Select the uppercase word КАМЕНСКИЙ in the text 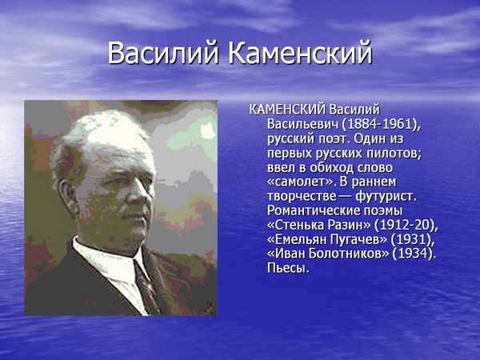288,109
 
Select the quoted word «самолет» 297,181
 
